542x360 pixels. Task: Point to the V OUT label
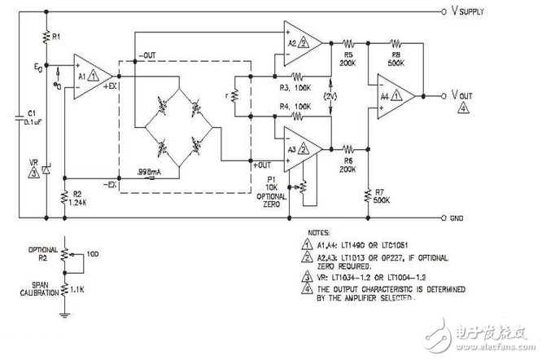tap(461, 94)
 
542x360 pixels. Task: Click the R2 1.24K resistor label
tap(78, 200)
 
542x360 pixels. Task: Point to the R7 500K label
tap(381, 195)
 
